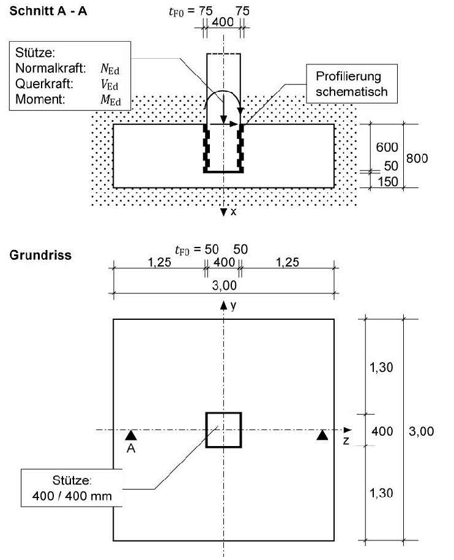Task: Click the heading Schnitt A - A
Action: point(48,11)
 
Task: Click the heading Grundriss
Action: point(40,255)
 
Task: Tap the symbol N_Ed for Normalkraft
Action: point(110,68)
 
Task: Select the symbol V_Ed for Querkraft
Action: point(110,85)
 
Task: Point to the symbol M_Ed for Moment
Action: point(111,100)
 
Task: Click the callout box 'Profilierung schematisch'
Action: point(352,84)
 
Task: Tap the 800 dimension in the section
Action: point(417,158)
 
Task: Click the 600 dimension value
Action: point(387,147)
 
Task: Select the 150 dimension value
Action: point(388,182)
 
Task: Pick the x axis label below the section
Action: point(233,212)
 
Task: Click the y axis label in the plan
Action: point(233,306)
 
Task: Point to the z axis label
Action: point(346,441)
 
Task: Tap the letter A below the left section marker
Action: point(131,448)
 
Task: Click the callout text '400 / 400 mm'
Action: point(72,496)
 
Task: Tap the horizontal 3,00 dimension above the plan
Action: point(225,286)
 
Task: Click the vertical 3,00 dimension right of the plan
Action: point(421,431)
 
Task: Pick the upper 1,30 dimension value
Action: point(381,367)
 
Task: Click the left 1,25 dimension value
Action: point(160,262)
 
